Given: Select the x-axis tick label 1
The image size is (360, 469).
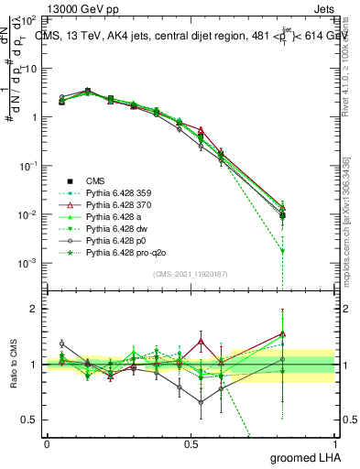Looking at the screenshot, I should coord(334,443).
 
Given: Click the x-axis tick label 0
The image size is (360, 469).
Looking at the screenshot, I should coord(47,443).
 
